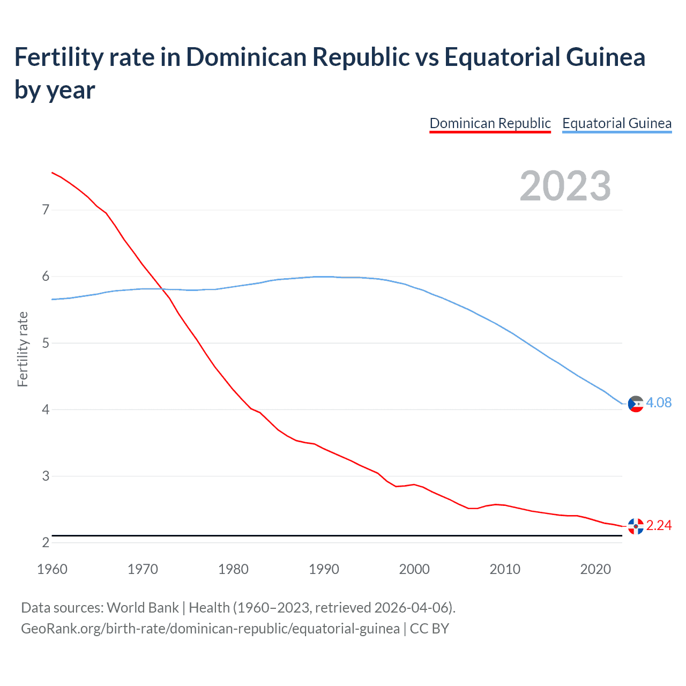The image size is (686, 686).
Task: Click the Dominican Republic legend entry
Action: (490, 123)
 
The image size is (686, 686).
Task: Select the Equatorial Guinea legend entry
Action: (616, 123)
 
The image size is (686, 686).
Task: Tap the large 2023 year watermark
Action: (565, 186)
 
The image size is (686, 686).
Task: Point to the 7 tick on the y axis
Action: (46, 210)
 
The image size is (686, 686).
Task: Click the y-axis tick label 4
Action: (46, 409)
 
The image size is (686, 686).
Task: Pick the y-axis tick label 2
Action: (46, 542)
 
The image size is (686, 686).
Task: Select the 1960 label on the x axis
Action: (52, 569)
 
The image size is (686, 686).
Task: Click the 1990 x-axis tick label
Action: (324, 569)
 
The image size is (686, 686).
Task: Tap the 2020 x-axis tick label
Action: (595, 569)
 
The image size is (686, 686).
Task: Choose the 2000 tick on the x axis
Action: (414, 569)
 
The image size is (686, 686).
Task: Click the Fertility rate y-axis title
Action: (23, 349)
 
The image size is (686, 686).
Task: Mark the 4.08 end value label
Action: (659, 402)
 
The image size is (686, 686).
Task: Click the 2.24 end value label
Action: (659, 525)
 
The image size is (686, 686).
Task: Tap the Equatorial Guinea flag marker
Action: (636, 404)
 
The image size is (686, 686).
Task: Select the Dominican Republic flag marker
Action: (636, 526)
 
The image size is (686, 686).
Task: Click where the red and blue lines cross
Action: (162, 289)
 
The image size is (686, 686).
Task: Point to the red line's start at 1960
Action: (52, 173)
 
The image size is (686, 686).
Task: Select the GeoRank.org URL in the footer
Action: (210, 628)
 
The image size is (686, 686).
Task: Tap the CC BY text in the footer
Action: (429, 628)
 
